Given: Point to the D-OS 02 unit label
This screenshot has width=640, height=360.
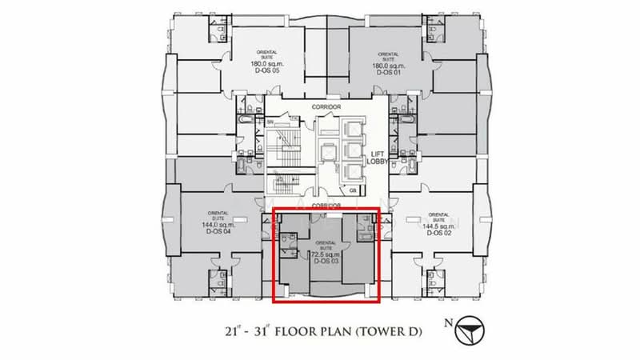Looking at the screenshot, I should (436, 233).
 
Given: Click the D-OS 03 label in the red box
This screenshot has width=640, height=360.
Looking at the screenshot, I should (326, 261).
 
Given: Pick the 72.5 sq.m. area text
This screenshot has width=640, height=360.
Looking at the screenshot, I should (326, 254).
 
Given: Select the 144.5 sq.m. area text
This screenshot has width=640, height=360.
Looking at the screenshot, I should (436, 226).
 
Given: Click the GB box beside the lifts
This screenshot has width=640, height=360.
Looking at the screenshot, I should (352, 190).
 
